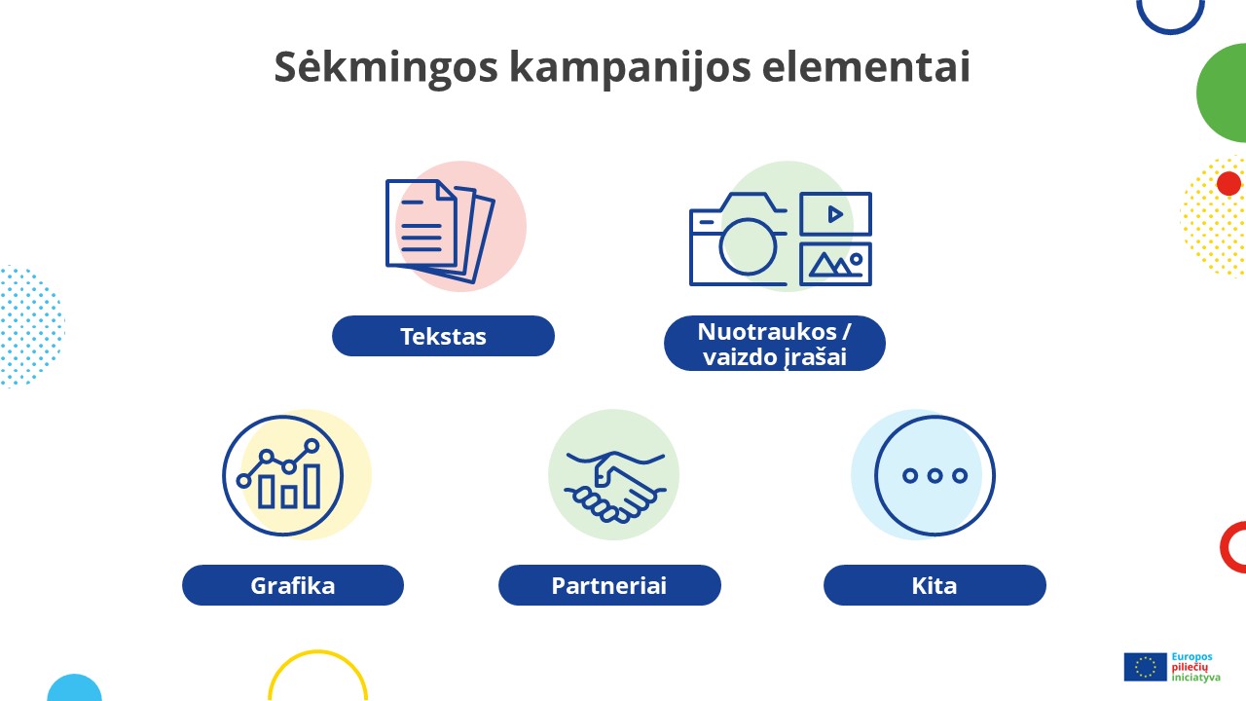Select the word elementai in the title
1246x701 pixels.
[x=865, y=67]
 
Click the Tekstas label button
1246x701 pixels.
[x=443, y=336]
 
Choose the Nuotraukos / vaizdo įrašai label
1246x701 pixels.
[x=775, y=344]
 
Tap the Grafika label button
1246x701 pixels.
[x=293, y=585]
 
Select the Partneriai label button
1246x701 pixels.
[x=609, y=585]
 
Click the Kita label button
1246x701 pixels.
[x=934, y=585]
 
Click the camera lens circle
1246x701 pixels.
[x=747, y=245]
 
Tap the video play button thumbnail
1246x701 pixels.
[x=835, y=213]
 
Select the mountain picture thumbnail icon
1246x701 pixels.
[x=835, y=264]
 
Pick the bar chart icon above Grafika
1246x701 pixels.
[x=283, y=475]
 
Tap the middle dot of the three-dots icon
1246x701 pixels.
[x=934, y=476]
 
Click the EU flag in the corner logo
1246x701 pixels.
[x=1145, y=667]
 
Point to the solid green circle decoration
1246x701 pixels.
[x=1228, y=93]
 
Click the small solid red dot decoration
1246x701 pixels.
[x=1228, y=183]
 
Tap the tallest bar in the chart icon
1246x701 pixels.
[x=311, y=485]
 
